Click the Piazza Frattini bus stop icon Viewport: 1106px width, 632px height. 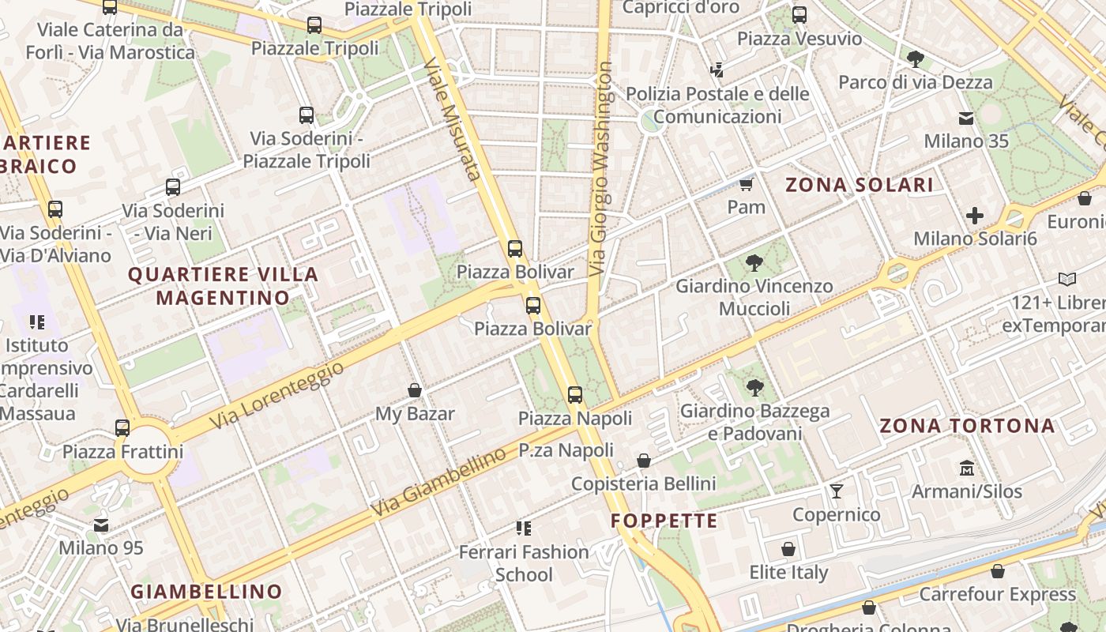pos(122,427)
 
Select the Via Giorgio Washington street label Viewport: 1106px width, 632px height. pos(602,169)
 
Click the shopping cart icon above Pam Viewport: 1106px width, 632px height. pos(746,184)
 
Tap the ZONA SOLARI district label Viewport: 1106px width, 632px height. pos(859,185)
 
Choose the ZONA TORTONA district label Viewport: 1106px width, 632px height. pos(967,426)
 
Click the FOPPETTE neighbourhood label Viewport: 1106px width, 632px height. pos(664,521)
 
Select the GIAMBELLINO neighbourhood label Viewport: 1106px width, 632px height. pos(206,592)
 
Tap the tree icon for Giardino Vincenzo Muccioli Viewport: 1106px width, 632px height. pos(754,262)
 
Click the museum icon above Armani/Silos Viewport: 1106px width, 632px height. pos(967,468)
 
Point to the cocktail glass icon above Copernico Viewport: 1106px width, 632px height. pos(837,491)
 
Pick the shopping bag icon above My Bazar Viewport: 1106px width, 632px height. pos(414,390)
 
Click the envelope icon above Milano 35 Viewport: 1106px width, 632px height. pos(966,118)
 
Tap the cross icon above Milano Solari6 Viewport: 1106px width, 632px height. pos(975,215)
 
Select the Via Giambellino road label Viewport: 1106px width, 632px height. pos(438,481)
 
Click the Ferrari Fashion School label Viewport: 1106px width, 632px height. pos(524,562)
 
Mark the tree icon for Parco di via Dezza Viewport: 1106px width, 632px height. pos(916,58)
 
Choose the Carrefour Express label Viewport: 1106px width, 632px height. pos(997,594)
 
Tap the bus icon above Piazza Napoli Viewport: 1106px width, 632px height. pos(575,394)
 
